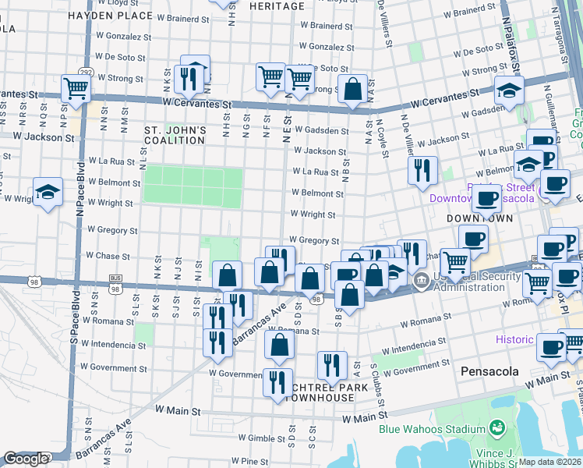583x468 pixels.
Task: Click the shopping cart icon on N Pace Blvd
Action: [x=76, y=88]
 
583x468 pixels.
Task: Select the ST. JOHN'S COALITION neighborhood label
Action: [x=175, y=134]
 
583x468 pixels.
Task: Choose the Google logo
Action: [x=25, y=459]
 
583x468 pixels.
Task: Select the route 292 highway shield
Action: [x=86, y=73]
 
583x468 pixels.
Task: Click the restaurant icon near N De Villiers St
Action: [x=422, y=170]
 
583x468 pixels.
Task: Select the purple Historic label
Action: [x=514, y=339]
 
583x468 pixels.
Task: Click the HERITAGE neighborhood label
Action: [x=277, y=6]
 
